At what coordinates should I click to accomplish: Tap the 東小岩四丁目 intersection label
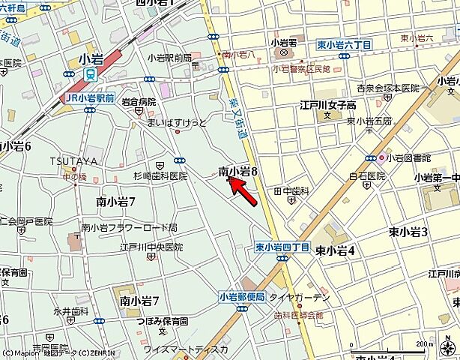pos(282,247)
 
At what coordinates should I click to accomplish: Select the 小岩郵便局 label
pos(242,297)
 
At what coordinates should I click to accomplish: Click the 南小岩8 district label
pos(238,172)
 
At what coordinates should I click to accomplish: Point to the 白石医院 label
pos(366,176)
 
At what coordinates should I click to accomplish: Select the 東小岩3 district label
pos(408,232)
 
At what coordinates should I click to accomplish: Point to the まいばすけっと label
pos(177,121)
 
